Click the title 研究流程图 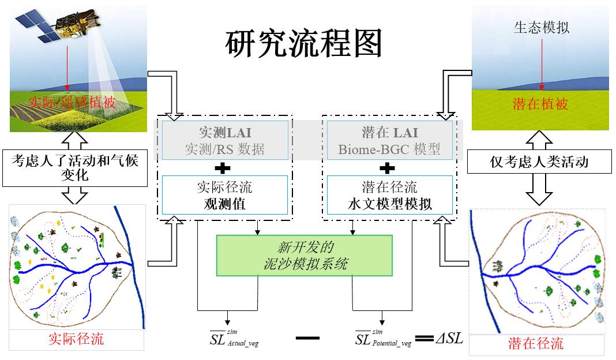[303, 43]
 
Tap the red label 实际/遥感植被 [73, 103]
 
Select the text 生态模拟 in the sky [541, 28]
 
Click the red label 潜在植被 [540, 104]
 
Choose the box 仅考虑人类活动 [539, 162]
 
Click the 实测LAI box [224, 140]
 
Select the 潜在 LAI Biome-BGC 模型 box [390, 140]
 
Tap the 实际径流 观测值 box [224, 195]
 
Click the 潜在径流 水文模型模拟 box [390, 195]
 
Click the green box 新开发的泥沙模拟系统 [304, 256]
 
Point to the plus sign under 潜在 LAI [388, 168]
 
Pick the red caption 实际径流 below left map [76, 339]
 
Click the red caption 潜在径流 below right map [536, 344]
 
